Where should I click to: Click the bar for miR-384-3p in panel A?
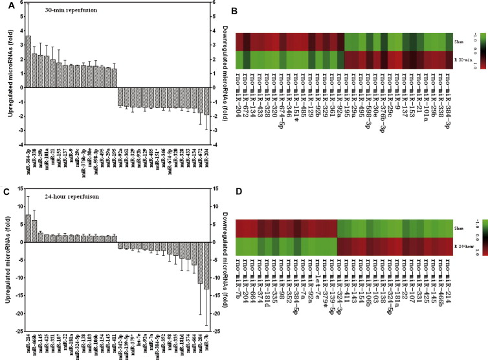(x=27, y=62)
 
